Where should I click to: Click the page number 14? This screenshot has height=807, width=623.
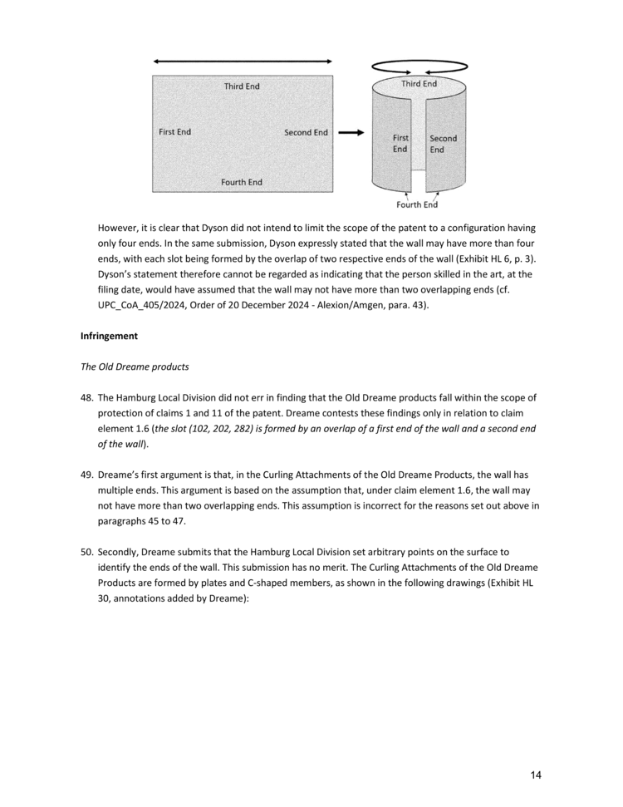(536, 775)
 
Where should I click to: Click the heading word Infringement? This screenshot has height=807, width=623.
(110, 336)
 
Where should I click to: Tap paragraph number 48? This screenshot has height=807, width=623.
(86, 397)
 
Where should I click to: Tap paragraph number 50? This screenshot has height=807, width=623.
(86, 550)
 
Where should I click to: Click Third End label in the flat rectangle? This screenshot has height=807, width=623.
(242, 86)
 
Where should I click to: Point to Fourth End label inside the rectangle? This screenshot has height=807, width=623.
(242, 182)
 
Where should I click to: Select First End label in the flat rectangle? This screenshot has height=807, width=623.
(174, 132)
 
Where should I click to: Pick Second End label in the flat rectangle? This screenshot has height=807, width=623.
(306, 133)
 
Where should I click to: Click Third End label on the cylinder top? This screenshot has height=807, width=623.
(419, 84)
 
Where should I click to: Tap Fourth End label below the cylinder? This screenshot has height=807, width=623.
(417, 205)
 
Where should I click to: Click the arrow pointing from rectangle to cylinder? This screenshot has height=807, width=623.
(351, 133)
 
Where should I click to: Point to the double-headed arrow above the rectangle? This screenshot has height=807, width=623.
(242, 62)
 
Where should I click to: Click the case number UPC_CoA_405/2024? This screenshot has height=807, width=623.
(145, 305)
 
